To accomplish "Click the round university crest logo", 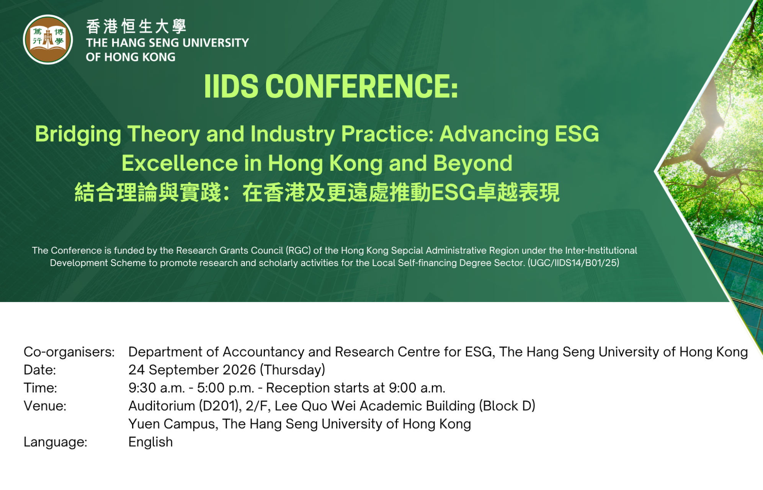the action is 48,39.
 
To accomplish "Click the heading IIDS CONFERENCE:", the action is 331,87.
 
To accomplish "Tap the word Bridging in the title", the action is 78,134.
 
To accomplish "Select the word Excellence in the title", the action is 180,163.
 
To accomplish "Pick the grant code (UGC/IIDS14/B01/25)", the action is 573,263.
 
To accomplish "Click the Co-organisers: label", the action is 69,352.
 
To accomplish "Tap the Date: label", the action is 40,370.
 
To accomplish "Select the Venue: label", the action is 45,406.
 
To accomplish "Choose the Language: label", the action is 56,442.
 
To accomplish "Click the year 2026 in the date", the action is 239,370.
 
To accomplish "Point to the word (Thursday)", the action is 292,370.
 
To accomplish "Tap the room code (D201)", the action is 220,406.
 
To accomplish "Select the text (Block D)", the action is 507,406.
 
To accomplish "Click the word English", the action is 150,442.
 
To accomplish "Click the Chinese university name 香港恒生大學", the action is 136,26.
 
